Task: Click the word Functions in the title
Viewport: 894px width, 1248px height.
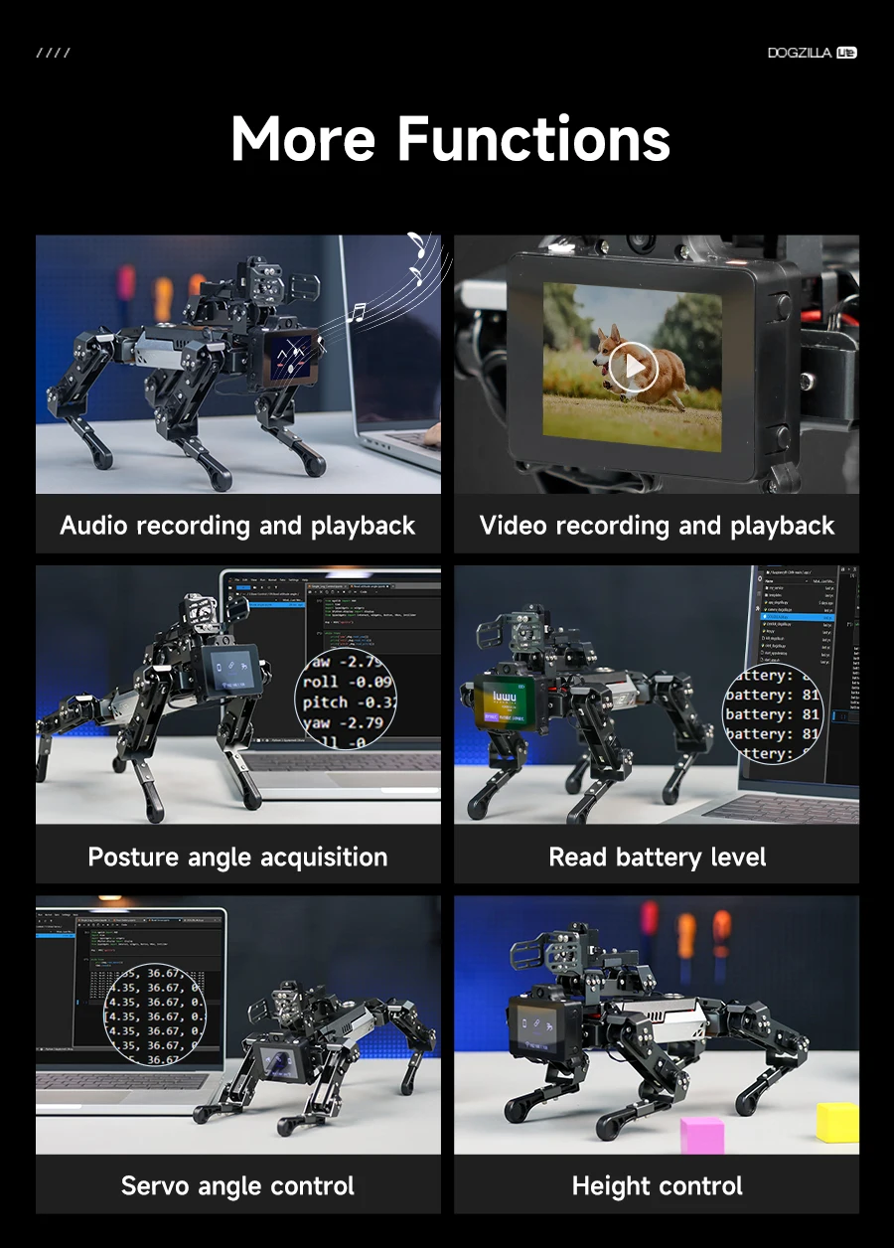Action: pos(533,138)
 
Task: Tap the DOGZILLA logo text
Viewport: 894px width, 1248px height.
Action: pos(800,53)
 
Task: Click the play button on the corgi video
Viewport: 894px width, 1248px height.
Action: pos(632,369)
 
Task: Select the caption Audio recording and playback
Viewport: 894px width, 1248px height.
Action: pos(237,526)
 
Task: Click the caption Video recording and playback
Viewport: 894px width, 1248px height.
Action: pos(657,526)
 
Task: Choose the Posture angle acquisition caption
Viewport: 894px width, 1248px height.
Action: pos(237,857)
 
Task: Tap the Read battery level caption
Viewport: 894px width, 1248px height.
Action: pos(657,857)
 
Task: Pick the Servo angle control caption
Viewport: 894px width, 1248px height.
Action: pos(237,1185)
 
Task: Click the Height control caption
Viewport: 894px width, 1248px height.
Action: pos(657,1185)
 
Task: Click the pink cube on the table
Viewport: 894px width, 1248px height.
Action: pos(702,1134)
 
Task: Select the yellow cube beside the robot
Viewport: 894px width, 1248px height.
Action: pos(837,1121)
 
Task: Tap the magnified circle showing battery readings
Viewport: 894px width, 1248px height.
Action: pos(773,714)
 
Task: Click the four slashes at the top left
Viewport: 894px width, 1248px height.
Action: pos(53,53)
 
